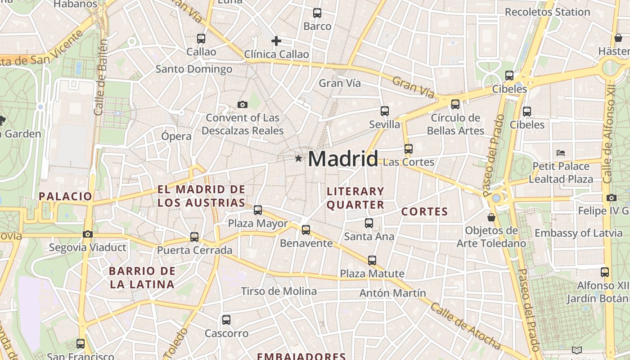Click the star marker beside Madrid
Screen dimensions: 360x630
click(298, 158)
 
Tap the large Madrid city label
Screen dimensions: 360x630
click(343, 159)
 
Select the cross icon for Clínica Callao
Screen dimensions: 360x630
click(276, 41)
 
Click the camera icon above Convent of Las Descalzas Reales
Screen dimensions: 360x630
click(243, 105)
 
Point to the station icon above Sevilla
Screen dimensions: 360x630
click(384, 111)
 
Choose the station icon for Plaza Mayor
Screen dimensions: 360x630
click(258, 210)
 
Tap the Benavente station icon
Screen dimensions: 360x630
click(306, 230)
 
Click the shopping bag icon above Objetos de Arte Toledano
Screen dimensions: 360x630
click(491, 217)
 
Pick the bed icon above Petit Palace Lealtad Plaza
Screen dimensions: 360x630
click(561, 153)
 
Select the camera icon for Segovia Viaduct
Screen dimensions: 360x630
click(88, 234)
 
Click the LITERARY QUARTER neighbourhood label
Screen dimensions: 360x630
click(355, 198)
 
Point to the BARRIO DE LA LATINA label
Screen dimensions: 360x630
click(142, 278)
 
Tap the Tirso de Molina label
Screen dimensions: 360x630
click(279, 291)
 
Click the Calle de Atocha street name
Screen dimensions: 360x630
click(466, 326)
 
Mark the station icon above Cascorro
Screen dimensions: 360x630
click(226, 320)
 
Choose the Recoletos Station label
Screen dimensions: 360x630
click(547, 12)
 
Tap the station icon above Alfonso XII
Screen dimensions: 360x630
click(605, 272)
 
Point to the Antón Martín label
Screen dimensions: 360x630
click(392, 293)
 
